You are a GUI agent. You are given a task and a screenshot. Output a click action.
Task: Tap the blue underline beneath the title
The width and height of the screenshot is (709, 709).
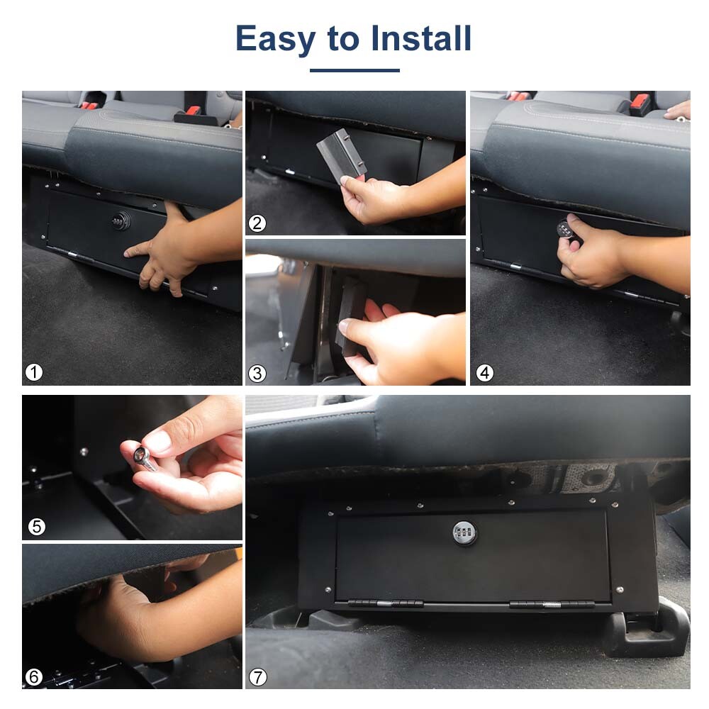point(354,70)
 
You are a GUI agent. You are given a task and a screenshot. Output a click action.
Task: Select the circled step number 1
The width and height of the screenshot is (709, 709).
point(34,372)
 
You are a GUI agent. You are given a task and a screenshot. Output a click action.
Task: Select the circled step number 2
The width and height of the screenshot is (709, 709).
point(257,223)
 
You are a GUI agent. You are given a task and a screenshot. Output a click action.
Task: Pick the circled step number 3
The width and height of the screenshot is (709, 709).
point(257,373)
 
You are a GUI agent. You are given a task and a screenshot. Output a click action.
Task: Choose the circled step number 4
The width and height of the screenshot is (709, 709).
point(485,372)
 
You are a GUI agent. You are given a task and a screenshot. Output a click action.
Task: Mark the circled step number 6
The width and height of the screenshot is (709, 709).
point(34,677)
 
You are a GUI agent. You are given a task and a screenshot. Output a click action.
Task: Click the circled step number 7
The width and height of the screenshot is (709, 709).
point(258,677)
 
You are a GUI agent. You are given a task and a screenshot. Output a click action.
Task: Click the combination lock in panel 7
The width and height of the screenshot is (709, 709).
point(464,532)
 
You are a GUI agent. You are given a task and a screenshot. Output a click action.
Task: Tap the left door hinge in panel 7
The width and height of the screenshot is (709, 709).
point(386,605)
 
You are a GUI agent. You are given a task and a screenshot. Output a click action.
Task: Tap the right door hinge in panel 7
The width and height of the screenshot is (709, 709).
point(551,605)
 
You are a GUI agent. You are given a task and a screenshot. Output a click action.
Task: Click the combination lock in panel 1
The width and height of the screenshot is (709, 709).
point(117,222)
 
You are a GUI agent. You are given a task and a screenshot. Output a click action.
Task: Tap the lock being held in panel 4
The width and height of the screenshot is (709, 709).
point(565,229)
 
